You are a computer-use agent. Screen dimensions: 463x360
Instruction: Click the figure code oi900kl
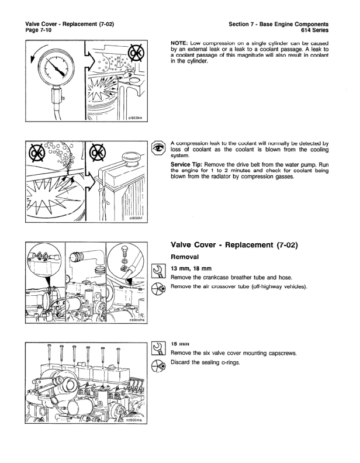138,219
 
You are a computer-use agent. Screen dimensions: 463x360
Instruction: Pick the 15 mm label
181,345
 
